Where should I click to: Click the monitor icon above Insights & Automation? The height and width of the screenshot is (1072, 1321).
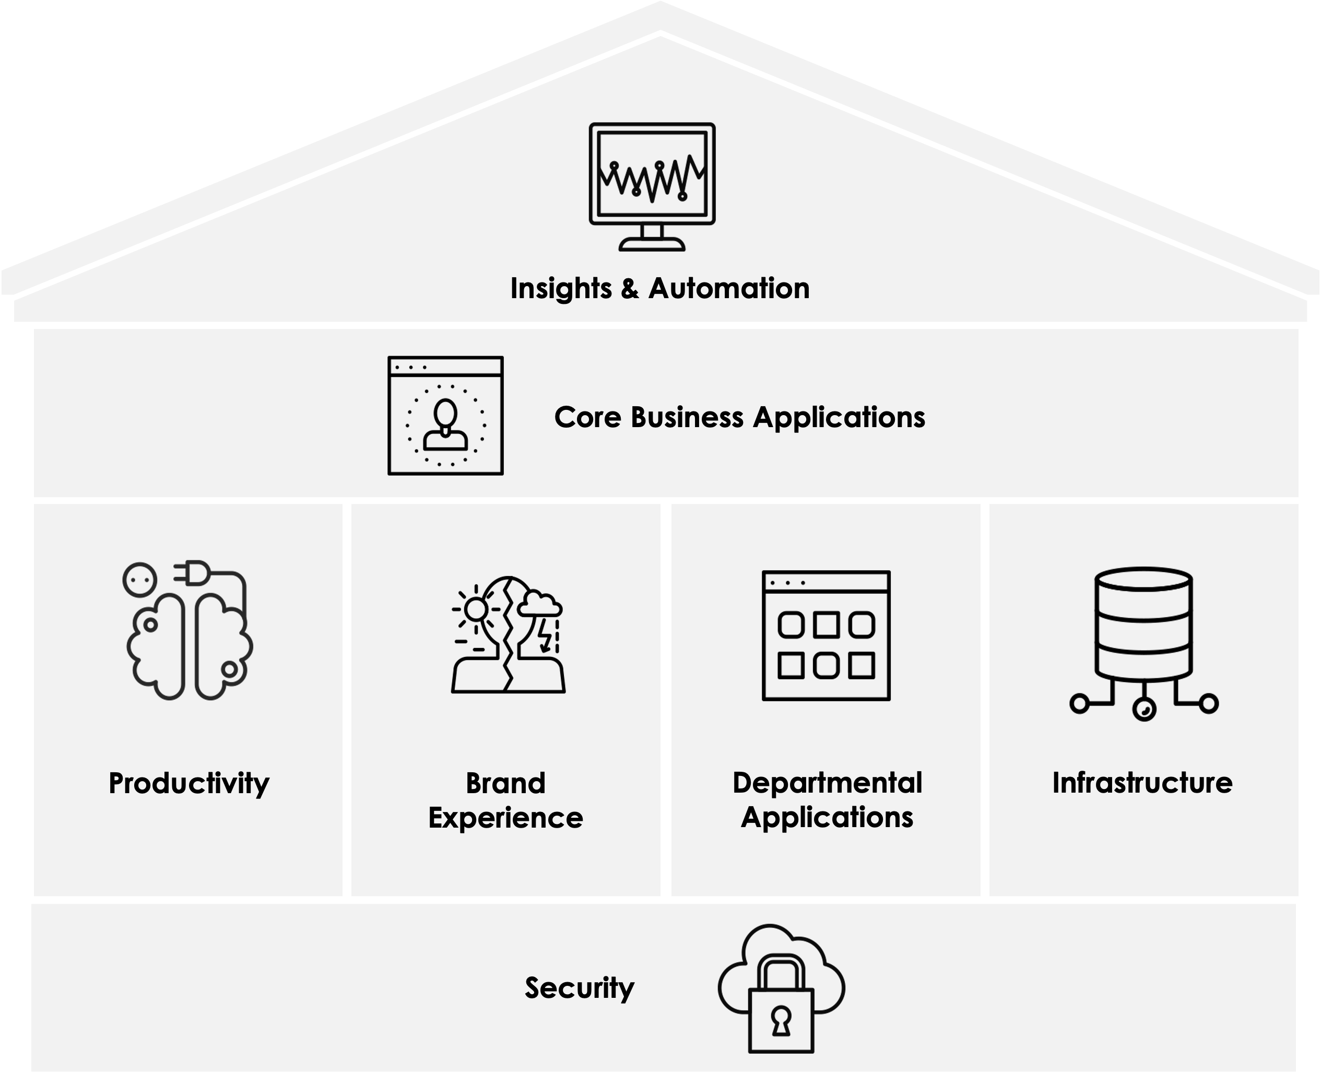pyautogui.click(x=652, y=185)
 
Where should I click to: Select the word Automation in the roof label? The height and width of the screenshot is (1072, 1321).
pyautogui.click(x=729, y=289)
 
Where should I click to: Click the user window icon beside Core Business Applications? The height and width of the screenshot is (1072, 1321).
pyautogui.click(x=445, y=416)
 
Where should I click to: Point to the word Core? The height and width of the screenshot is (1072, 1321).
pyautogui.click(x=587, y=417)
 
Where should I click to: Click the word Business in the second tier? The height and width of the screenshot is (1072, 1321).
pyautogui.click(x=687, y=417)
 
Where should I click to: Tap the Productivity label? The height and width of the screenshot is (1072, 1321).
pyautogui.click(x=189, y=784)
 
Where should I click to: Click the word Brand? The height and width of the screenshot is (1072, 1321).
pyautogui.click(x=505, y=783)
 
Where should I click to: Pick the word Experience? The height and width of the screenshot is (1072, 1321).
pyautogui.click(x=505, y=818)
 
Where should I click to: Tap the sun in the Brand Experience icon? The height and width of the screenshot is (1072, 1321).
pyautogui.click(x=476, y=609)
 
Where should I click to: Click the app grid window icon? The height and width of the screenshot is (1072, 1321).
pyautogui.click(x=825, y=635)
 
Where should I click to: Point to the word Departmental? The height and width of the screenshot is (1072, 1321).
pyautogui.click(x=827, y=783)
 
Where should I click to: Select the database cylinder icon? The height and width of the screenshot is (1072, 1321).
pyautogui.click(x=1143, y=623)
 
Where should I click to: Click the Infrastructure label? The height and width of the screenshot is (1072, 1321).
pyautogui.click(x=1142, y=783)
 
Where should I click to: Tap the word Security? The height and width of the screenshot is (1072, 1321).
pyautogui.click(x=579, y=988)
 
